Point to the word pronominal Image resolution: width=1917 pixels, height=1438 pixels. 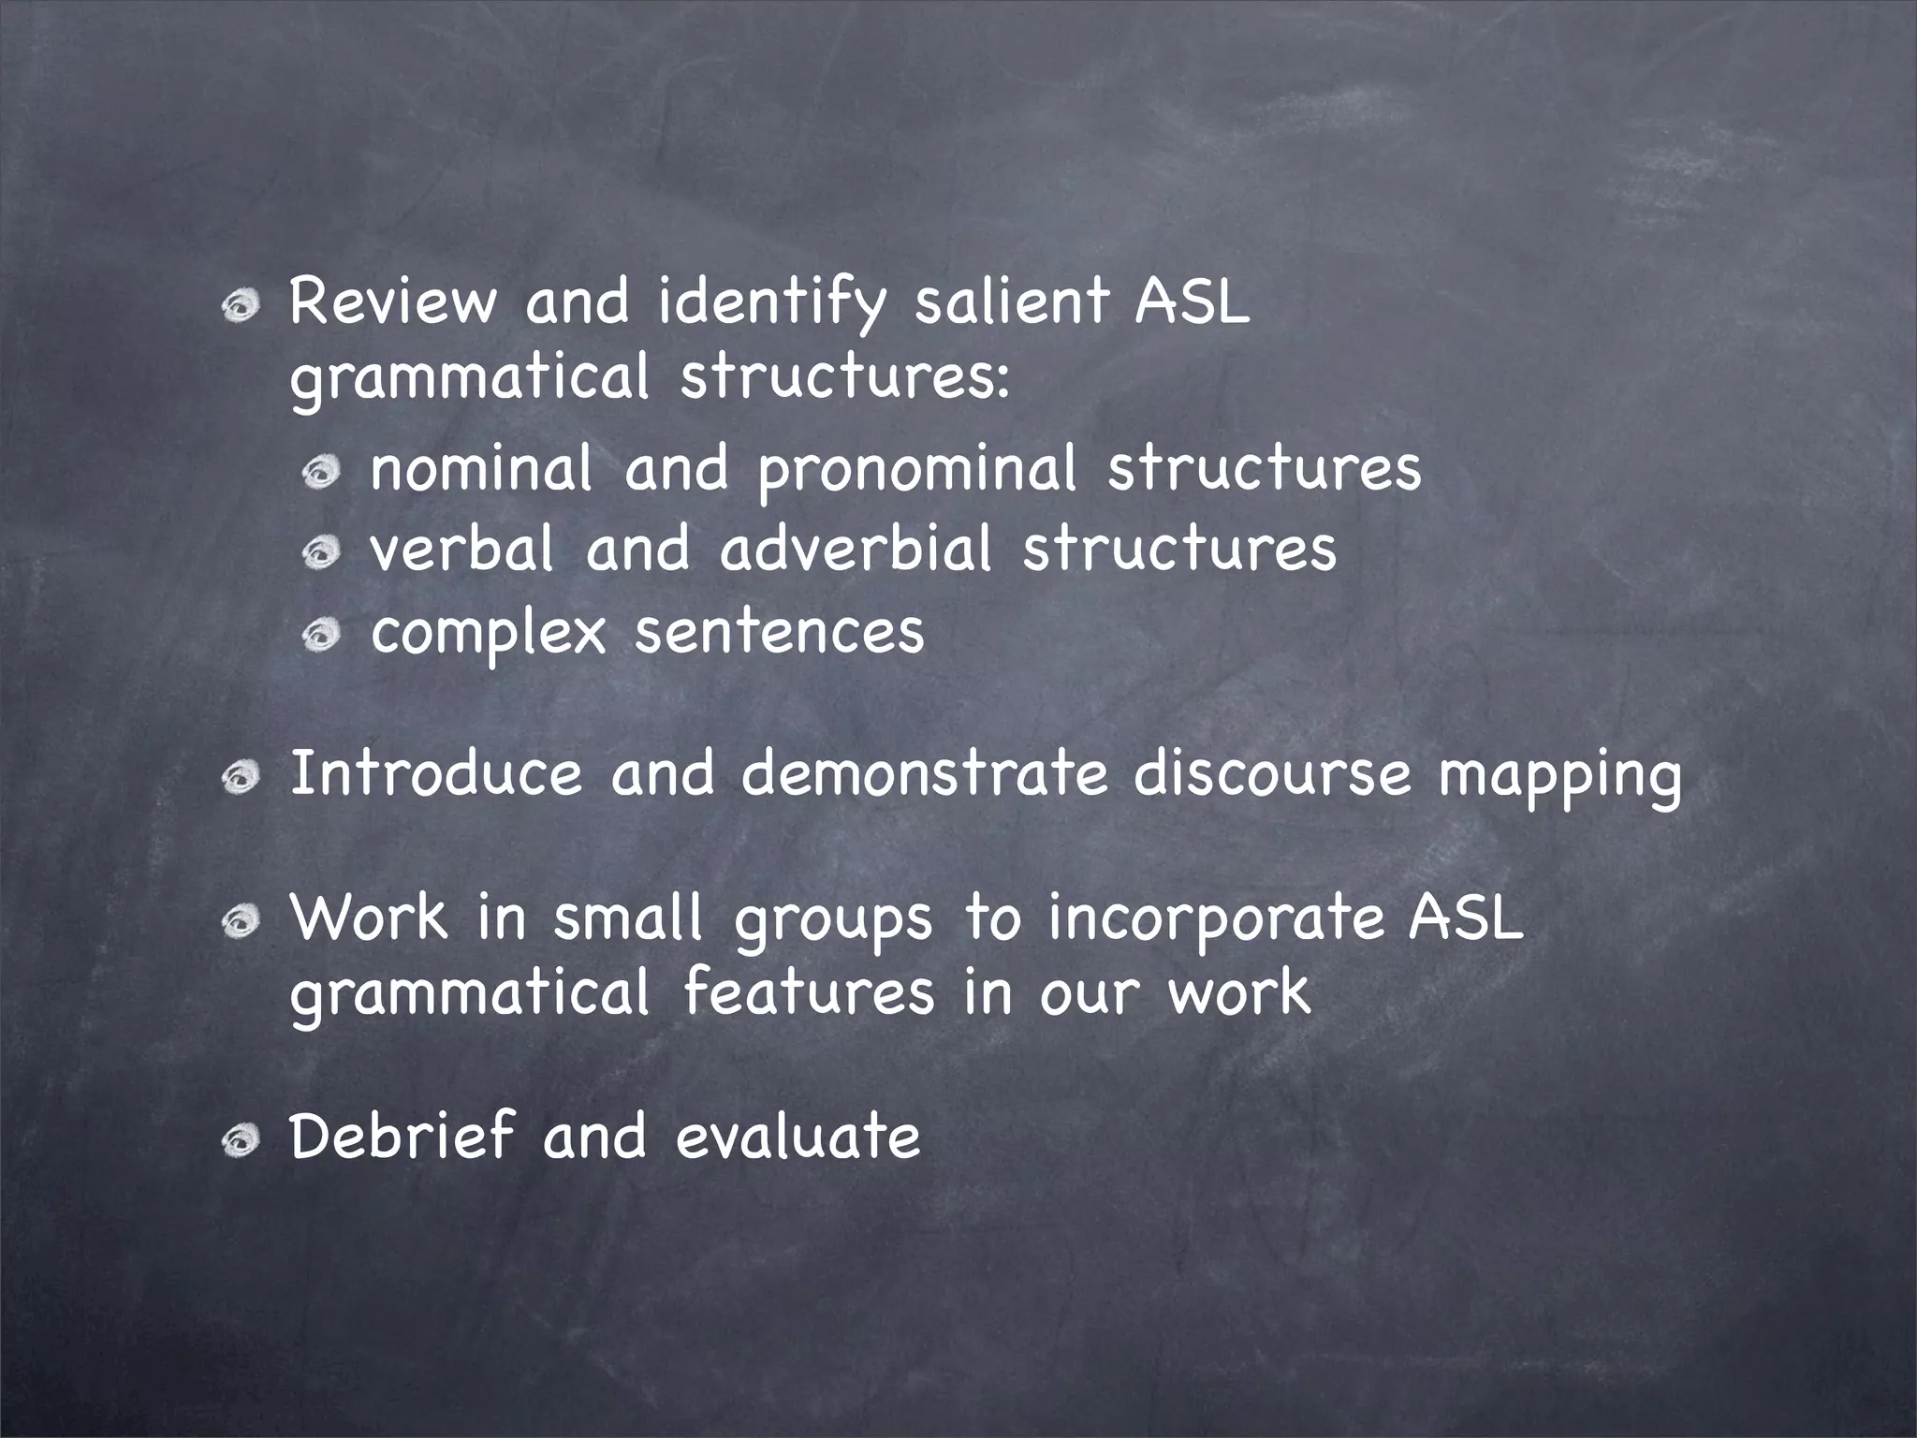pos(916,469)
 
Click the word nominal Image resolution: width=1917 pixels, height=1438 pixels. pos(482,467)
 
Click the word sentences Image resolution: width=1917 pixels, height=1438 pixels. pos(779,632)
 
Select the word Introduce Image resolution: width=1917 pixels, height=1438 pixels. pos(435,774)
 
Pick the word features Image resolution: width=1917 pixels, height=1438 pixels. pos(809,991)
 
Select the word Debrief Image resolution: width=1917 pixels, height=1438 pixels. pos(402,1137)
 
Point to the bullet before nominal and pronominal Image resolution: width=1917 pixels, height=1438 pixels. pos(320,472)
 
